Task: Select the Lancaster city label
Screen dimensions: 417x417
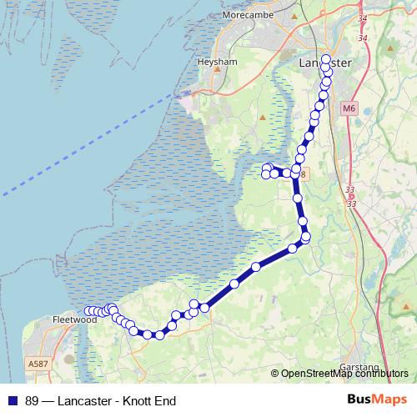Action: click(x=324, y=63)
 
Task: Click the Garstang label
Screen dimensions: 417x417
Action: click(x=359, y=367)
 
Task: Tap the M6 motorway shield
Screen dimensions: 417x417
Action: click(x=348, y=108)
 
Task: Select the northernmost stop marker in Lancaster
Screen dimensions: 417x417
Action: click(x=326, y=58)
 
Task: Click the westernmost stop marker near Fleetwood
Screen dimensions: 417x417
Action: click(x=88, y=311)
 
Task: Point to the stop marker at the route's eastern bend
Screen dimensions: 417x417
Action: click(x=306, y=238)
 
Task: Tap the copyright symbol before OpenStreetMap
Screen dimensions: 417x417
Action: click(x=274, y=374)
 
